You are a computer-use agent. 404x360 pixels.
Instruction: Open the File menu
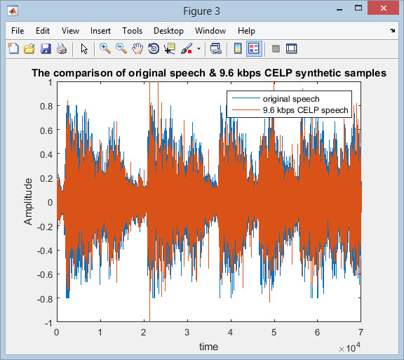tap(18, 31)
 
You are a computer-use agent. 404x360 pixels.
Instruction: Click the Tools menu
tap(132, 31)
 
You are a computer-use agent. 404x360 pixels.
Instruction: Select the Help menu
tap(246, 31)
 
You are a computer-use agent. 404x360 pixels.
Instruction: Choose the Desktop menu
tap(168, 31)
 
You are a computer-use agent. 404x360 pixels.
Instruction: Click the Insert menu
tap(100, 31)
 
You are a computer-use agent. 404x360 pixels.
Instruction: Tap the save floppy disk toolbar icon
tap(46, 48)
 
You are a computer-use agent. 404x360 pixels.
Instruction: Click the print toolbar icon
tap(62, 48)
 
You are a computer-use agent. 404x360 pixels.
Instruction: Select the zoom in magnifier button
tap(105, 48)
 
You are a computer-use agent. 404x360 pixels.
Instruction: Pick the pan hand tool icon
tap(137, 48)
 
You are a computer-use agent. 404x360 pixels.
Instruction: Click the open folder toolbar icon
tap(29, 48)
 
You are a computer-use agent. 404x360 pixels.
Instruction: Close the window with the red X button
tap(384, 8)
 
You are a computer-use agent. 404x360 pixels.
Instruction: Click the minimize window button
tap(339, 10)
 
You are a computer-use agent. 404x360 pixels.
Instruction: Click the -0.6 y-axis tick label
tap(45, 274)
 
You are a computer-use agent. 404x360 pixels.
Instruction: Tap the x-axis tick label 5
tap(274, 333)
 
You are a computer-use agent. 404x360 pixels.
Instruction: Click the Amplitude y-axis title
tap(28, 201)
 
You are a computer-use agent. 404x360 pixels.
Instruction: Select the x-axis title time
tap(208, 347)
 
